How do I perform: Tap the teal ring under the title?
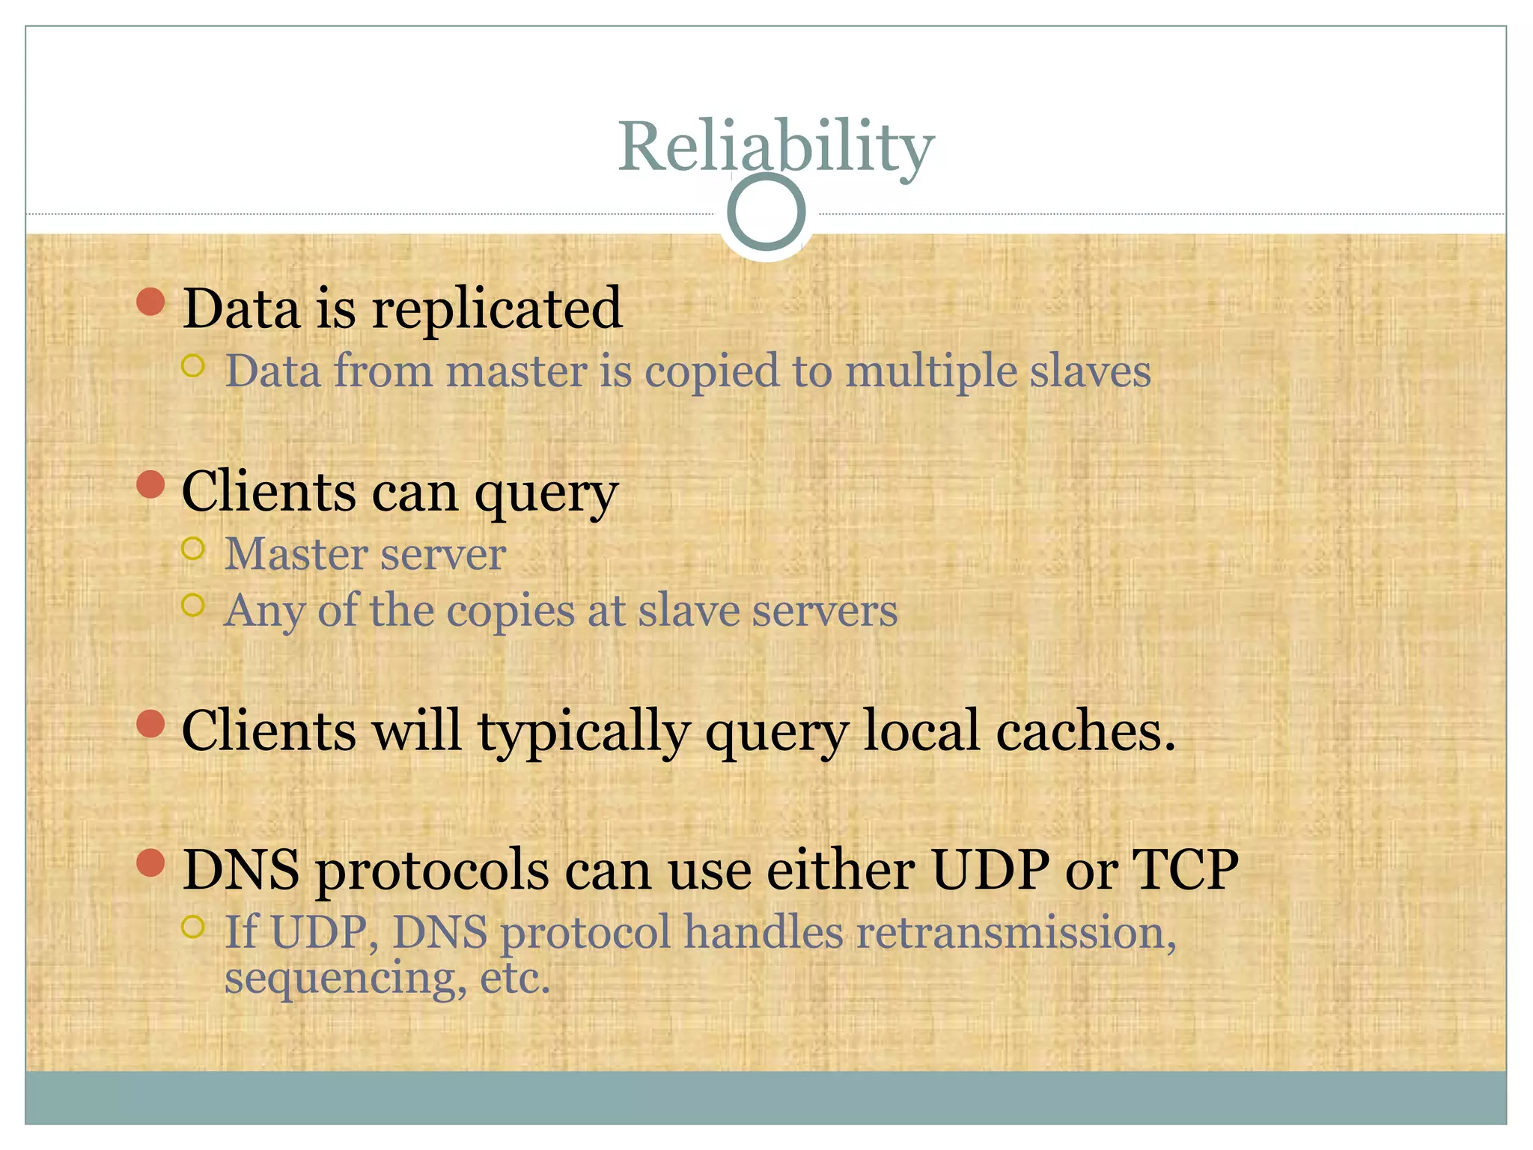(766, 212)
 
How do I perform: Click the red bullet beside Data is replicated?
(151, 302)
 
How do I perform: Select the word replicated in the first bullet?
(497, 308)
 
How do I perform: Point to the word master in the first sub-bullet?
(516, 371)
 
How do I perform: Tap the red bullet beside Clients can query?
(151, 484)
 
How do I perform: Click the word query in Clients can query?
(546, 495)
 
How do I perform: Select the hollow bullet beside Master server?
(193, 549)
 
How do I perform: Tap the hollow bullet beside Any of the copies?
(193, 605)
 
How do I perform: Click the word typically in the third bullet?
(584, 733)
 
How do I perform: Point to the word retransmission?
(1011, 934)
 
